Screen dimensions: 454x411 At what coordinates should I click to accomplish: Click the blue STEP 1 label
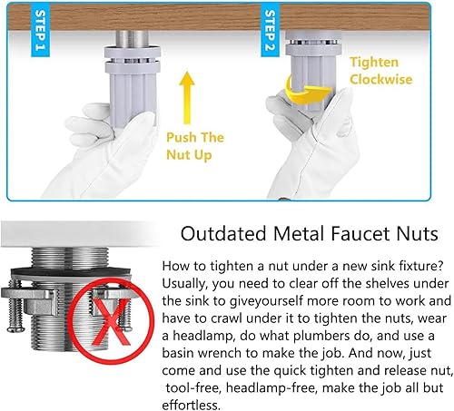40,30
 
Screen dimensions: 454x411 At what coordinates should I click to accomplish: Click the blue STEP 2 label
270,30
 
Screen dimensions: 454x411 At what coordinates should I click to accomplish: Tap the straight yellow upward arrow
187,98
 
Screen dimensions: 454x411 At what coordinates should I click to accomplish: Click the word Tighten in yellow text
374,63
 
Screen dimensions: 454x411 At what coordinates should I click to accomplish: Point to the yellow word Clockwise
381,80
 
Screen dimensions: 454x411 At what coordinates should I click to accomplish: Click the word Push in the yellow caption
181,138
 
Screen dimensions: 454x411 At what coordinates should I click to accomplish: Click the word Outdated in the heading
223,234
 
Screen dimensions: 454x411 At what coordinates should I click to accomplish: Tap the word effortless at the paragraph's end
191,406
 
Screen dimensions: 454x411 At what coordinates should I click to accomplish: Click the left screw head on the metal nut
15,328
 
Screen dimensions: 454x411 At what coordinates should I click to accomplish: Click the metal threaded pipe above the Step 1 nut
132,38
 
